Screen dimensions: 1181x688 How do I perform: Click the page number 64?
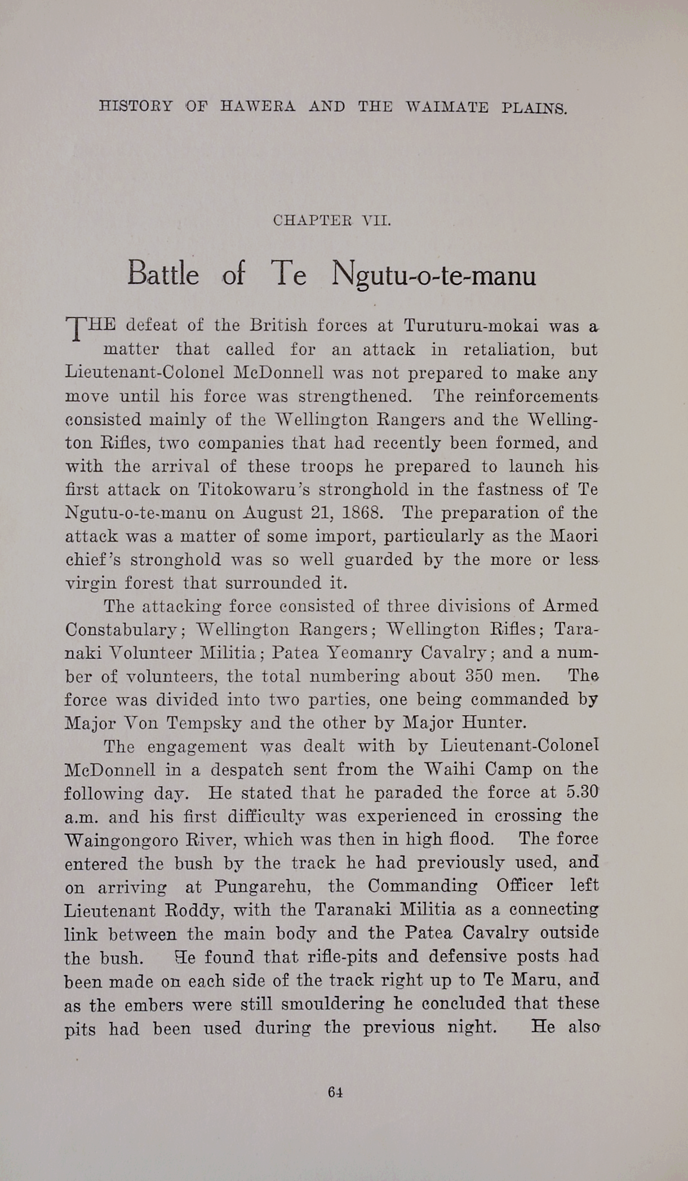[x=335, y=1092]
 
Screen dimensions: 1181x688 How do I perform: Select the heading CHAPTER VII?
[x=332, y=221]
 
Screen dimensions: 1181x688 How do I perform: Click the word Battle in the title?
[x=163, y=274]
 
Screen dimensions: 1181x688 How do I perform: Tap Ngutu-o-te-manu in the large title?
[x=434, y=276]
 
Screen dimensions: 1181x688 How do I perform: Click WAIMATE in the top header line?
[x=447, y=107]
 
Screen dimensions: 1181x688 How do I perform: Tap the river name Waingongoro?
[x=120, y=840]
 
